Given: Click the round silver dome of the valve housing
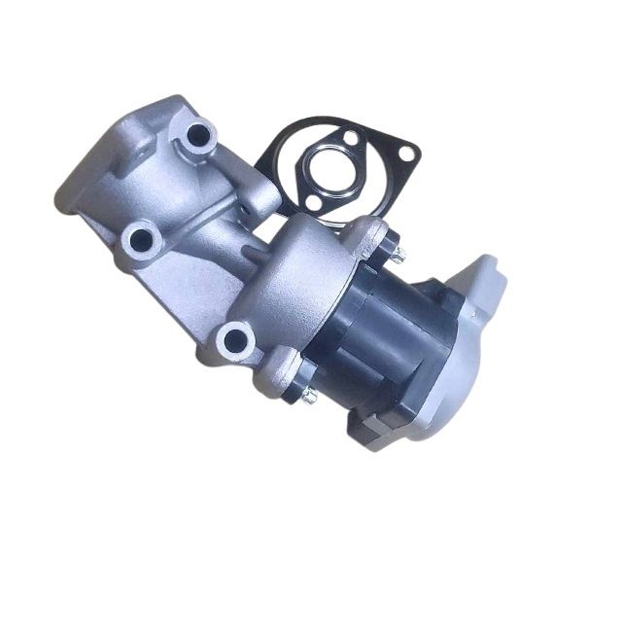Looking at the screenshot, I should (x=292, y=277).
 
